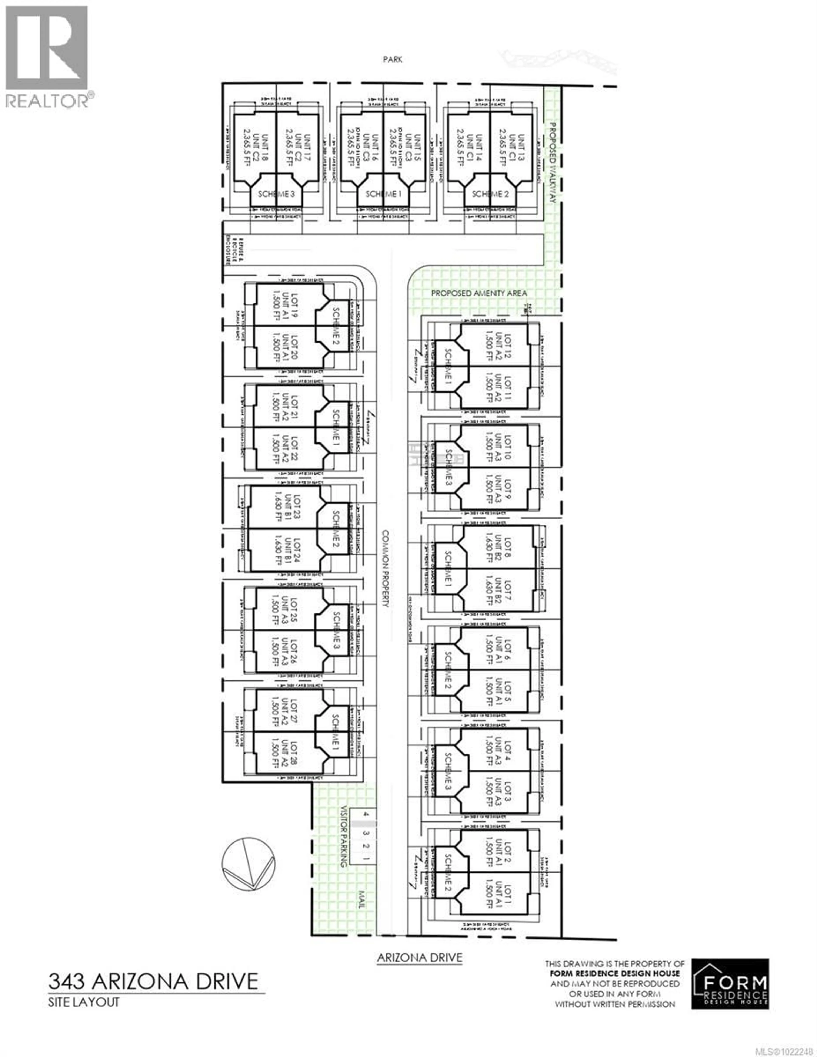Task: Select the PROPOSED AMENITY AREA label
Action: tap(479, 293)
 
